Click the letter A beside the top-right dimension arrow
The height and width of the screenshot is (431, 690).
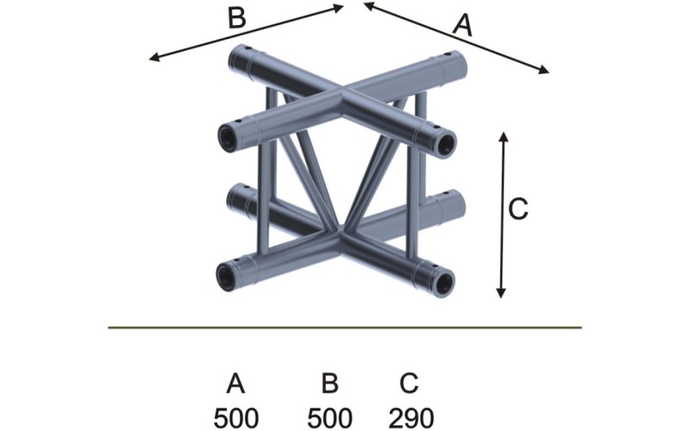(x=463, y=26)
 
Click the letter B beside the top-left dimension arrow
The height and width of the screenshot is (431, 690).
(x=236, y=17)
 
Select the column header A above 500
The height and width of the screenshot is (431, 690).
(x=235, y=382)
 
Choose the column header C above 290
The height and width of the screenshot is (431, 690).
(x=411, y=382)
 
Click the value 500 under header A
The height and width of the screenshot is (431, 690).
(x=235, y=417)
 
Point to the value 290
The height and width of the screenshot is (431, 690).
(x=411, y=417)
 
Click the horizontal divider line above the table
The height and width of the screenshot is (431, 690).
(x=345, y=328)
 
